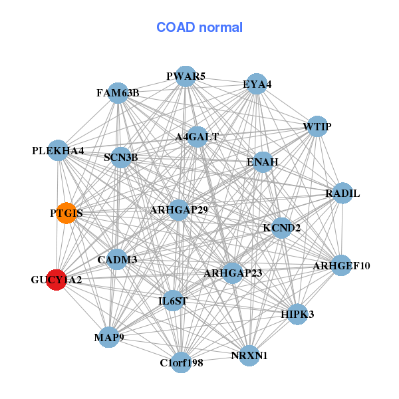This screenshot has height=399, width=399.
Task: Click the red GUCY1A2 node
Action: (57, 280)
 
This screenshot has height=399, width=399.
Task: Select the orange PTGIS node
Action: (66, 213)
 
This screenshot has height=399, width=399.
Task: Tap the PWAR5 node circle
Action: (186, 76)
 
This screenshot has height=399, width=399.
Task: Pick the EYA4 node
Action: (257, 84)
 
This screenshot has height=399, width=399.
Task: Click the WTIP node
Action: (317, 126)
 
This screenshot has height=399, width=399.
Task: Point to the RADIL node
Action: (342, 193)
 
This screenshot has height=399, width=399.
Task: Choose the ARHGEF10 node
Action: (341, 265)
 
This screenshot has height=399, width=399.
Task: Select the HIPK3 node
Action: (297, 315)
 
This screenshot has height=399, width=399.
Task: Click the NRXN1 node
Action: (249, 356)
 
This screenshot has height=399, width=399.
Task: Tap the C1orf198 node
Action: (181, 362)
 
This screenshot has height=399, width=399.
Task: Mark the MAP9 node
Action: (109, 337)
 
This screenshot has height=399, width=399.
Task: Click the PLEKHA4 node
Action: (58, 150)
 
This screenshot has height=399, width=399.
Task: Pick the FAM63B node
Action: (118, 93)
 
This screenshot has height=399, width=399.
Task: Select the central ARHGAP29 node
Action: (179, 210)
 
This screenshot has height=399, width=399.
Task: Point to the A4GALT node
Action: (197, 136)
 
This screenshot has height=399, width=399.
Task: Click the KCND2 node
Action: (281, 227)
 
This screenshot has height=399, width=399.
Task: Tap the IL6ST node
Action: (173, 301)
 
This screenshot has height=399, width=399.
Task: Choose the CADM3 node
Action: (117, 259)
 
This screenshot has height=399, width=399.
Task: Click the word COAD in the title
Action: (176, 27)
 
